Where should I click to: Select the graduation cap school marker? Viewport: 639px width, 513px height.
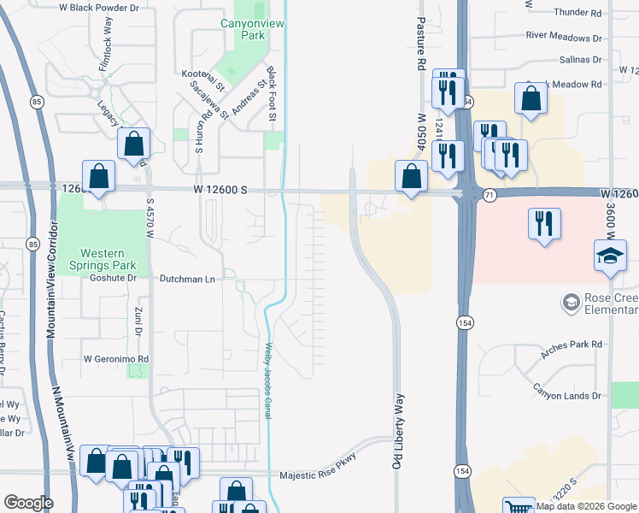[609, 256]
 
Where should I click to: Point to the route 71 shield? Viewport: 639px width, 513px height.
[490, 196]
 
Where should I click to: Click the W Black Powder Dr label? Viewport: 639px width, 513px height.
[100, 7]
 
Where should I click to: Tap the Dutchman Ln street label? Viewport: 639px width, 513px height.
[187, 279]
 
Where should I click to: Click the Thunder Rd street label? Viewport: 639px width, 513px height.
[577, 13]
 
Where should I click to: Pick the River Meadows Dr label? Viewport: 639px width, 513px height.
[564, 37]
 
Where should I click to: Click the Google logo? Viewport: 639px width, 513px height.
[28, 502]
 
